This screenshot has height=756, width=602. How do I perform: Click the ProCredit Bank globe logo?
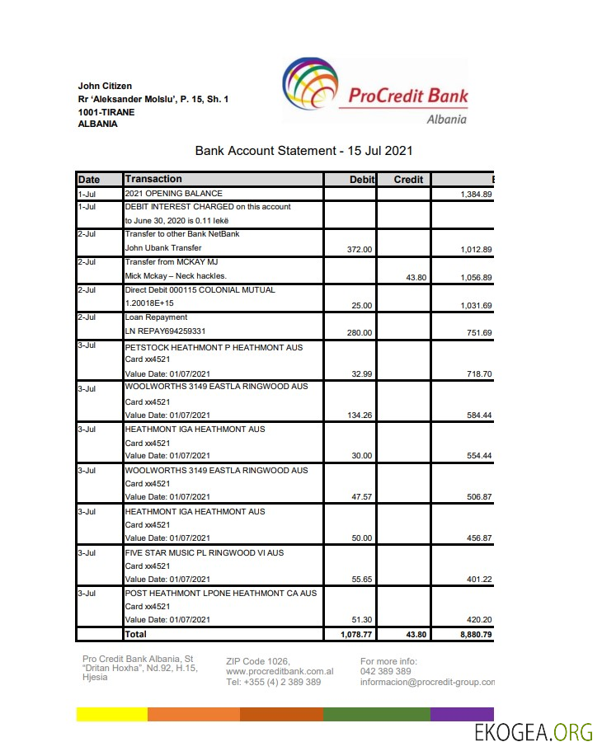tap(310, 88)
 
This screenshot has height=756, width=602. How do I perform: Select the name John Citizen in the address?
tap(105, 86)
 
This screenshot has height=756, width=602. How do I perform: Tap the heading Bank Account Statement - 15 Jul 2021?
tap(303, 151)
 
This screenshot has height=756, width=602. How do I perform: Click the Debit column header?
tap(362, 180)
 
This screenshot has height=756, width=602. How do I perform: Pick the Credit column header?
tap(408, 180)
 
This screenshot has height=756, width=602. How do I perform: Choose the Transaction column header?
tap(153, 179)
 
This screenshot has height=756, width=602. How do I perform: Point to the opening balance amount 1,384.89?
tap(476, 195)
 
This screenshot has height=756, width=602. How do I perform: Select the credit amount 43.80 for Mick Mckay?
tap(416, 278)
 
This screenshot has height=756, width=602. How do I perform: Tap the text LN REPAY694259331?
tap(167, 331)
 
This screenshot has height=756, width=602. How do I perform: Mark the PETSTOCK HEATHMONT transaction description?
tap(214, 348)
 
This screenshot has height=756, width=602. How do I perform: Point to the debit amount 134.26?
tap(358, 416)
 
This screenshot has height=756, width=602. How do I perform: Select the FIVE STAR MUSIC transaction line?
tap(204, 552)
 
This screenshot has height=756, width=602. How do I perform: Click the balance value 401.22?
tap(478, 580)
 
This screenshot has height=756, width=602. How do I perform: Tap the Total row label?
tap(135, 634)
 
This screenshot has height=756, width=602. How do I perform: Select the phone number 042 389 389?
tap(385, 672)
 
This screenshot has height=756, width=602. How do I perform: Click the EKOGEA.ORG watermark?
tap(534, 732)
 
